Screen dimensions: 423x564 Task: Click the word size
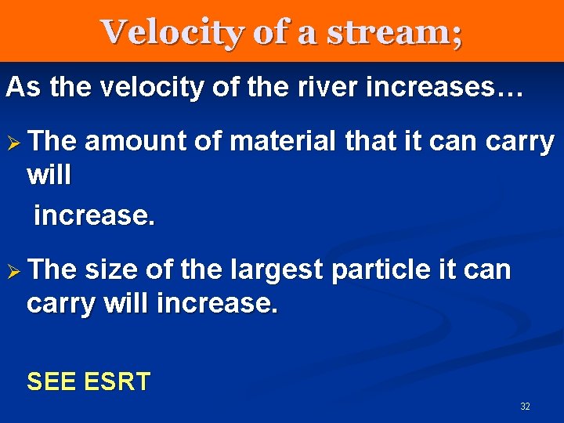point(110,270)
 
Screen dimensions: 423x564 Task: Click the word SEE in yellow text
point(52,381)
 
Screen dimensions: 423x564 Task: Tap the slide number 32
point(525,407)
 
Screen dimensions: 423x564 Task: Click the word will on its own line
point(49,175)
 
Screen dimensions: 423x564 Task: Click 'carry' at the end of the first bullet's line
point(520,142)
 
